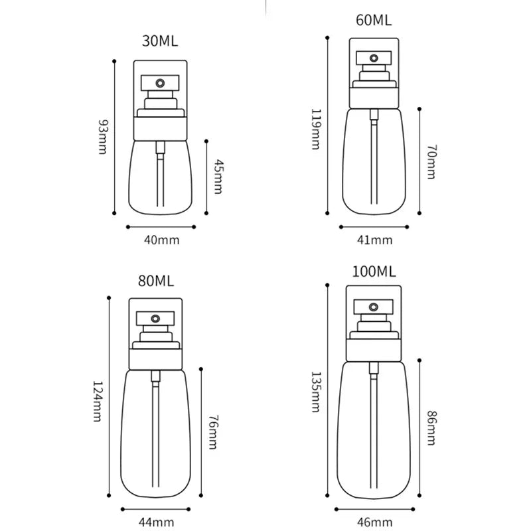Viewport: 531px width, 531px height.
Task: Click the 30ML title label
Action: coord(160,42)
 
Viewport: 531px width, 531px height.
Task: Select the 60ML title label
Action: coord(374,20)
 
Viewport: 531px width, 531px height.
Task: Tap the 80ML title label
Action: coord(156,281)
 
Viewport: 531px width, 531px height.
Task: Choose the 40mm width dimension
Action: coord(161,240)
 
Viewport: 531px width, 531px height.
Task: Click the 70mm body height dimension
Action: coord(431,163)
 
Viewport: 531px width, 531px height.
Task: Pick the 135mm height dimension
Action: coord(316,391)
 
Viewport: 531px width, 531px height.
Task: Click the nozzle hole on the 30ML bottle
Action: coord(160,83)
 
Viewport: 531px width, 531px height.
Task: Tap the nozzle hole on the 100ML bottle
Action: coord(374,307)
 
